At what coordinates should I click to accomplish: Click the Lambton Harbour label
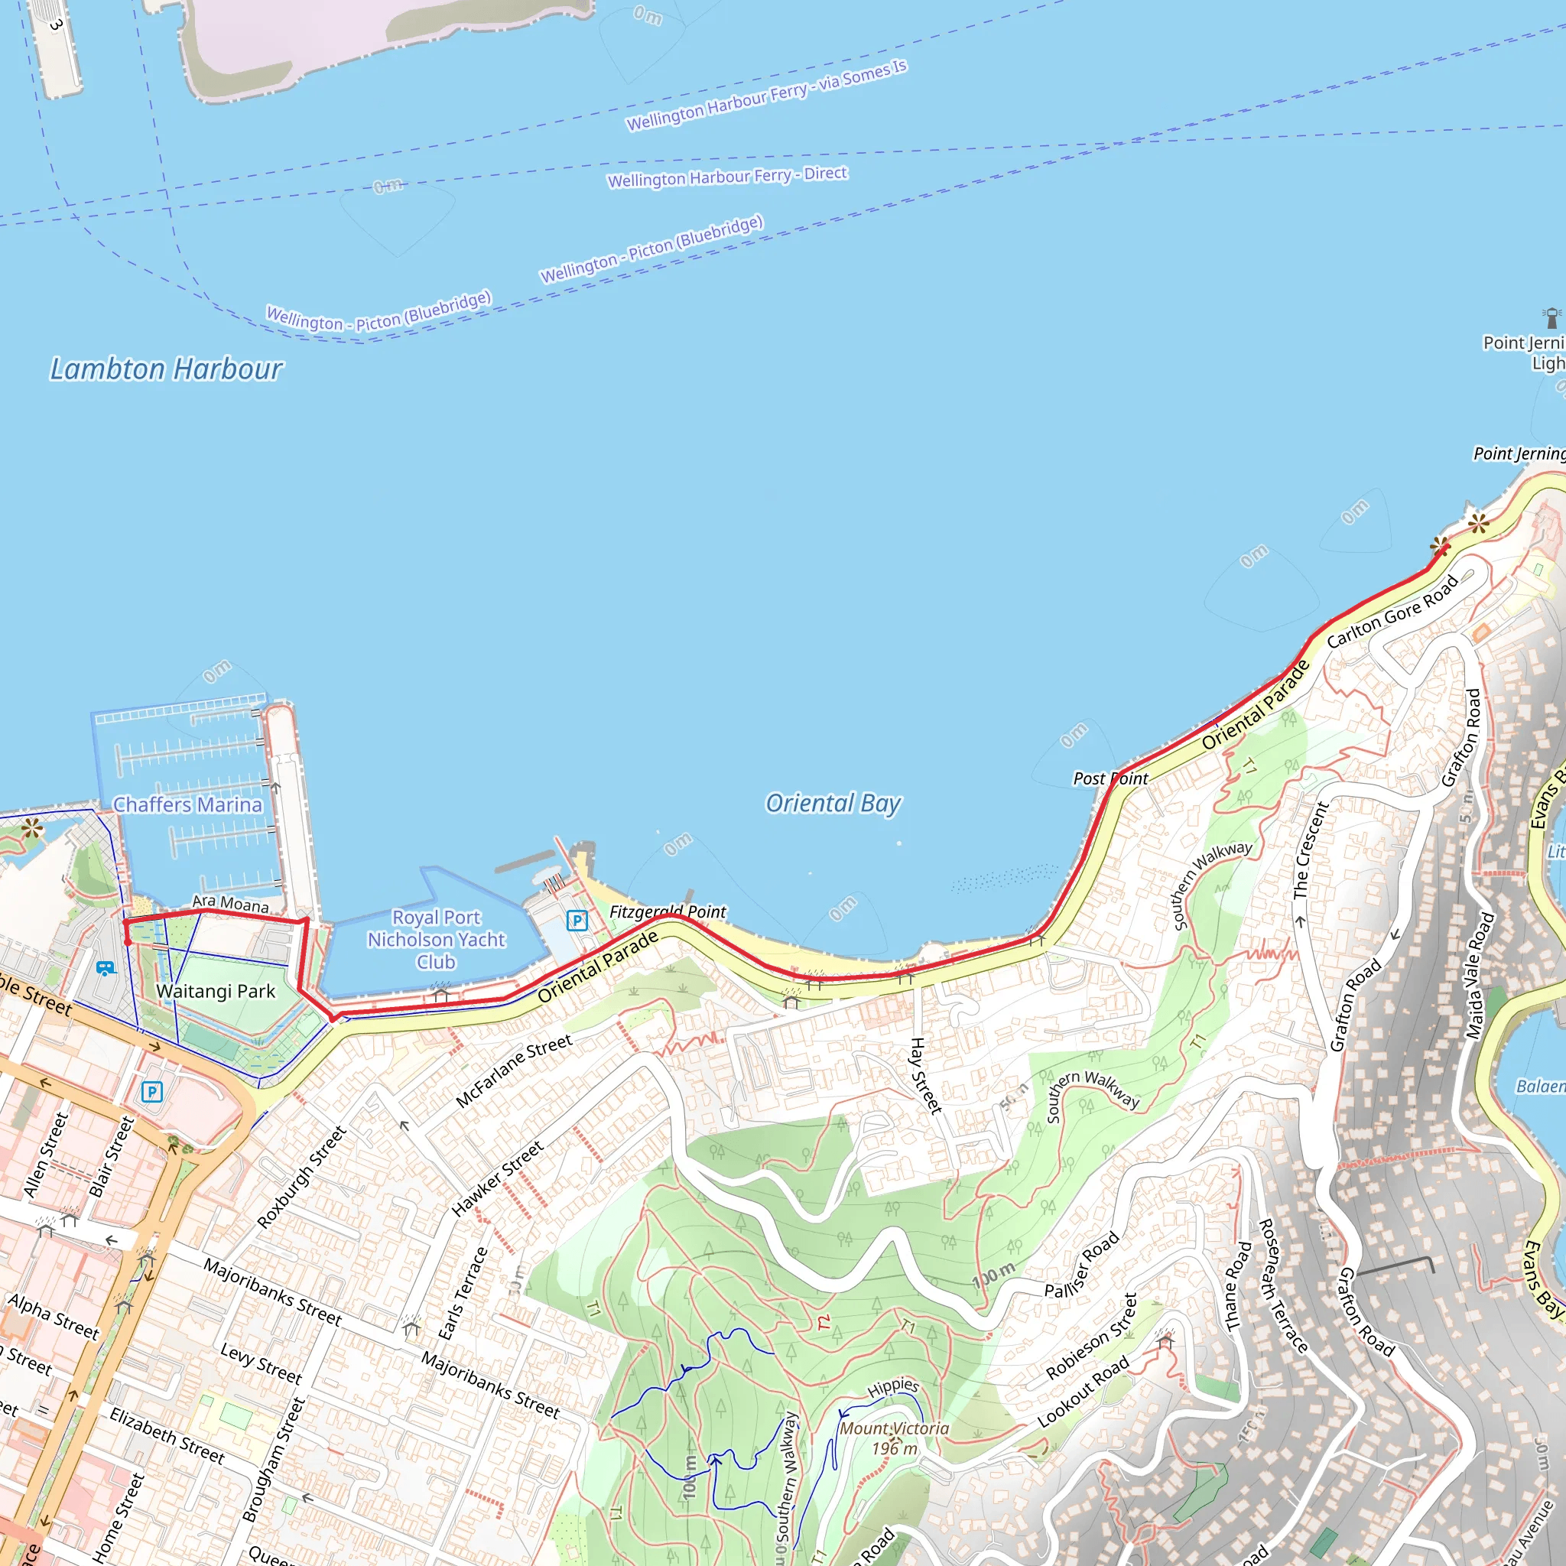tap(166, 369)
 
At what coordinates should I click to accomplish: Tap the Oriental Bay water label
tap(833, 804)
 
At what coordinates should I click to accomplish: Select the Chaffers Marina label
tap(187, 805)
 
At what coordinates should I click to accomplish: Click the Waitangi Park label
tap(216, 991)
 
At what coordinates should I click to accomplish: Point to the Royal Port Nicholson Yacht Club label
tap(436, 940)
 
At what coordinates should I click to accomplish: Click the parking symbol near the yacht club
tap(577, 920)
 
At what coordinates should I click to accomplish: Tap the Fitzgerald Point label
tap(667, 912)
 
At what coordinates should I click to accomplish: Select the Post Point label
tap(1110, 779)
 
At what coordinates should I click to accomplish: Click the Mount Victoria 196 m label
tap(894, 1438)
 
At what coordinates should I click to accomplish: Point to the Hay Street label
tap(926, 1075)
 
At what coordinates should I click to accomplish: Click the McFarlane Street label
tap(514, 1071)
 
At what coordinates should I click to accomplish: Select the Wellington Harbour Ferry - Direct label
tap(727, 177)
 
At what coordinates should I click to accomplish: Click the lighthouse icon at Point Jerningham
tap(1551, 317)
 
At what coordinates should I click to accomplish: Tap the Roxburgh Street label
tap(301, 1176)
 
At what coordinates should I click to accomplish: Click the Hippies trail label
tap(892, 1387)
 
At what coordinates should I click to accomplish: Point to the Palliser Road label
tap(1081, 1265)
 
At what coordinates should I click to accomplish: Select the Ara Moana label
tap(230, 904)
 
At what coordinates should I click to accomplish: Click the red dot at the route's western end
tap(128, 942)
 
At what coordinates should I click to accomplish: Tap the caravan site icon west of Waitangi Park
tap(105, 968)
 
